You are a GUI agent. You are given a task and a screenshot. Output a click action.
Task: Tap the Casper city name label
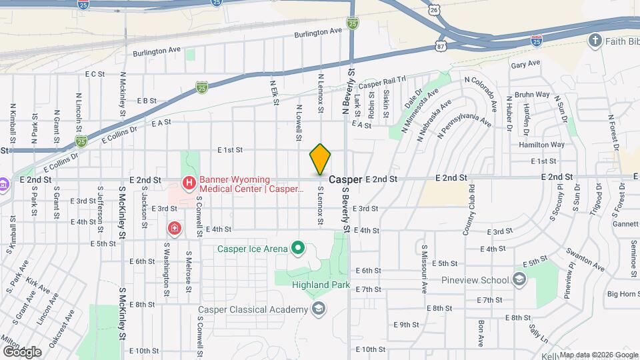[345, 180]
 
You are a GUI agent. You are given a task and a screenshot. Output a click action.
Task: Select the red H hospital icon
[189, 182]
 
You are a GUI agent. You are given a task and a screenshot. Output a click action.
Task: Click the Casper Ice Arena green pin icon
[299, 249]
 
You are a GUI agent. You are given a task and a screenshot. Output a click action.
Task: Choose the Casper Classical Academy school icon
[319, 309]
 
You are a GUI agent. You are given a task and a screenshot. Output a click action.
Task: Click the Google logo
[21, 352]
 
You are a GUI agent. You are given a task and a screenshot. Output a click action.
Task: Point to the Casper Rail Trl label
[382, 83]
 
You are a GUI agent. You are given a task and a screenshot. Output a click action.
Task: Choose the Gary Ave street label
[525, 65]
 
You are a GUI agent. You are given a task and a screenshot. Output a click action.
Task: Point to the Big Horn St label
[623, 293]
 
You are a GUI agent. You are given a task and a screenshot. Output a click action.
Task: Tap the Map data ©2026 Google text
[597, 355]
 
